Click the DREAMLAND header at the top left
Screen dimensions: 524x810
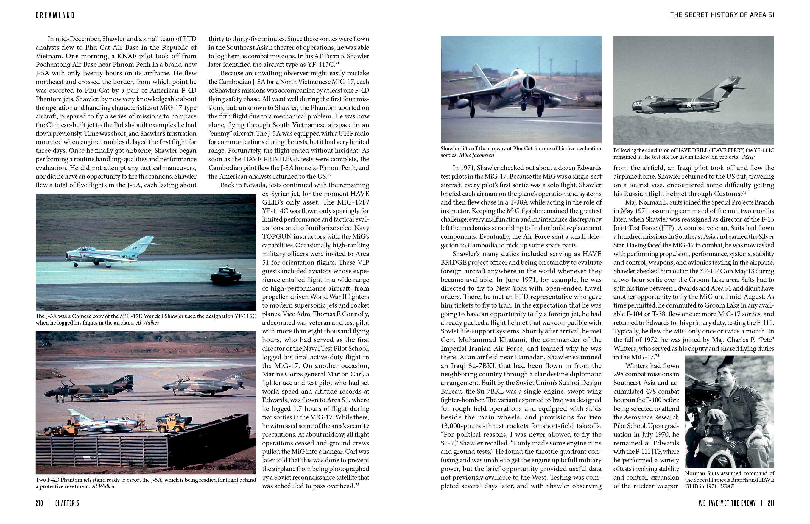click(x=55, y=15)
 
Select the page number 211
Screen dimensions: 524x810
click(x=771, y=503)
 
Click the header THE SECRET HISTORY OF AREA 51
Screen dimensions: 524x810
click(x=722, y=15)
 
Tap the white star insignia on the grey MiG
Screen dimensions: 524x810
click(x=689, y=104)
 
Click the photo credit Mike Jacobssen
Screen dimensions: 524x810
click(x=476, y=155)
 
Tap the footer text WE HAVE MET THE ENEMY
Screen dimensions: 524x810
click(x=727, y=503)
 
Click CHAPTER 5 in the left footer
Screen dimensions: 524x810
click(x=67, y=503)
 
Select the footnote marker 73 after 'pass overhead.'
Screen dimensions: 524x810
click(x=357, y=484)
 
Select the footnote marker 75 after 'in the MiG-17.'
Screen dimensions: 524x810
click(x=657, y=356)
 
